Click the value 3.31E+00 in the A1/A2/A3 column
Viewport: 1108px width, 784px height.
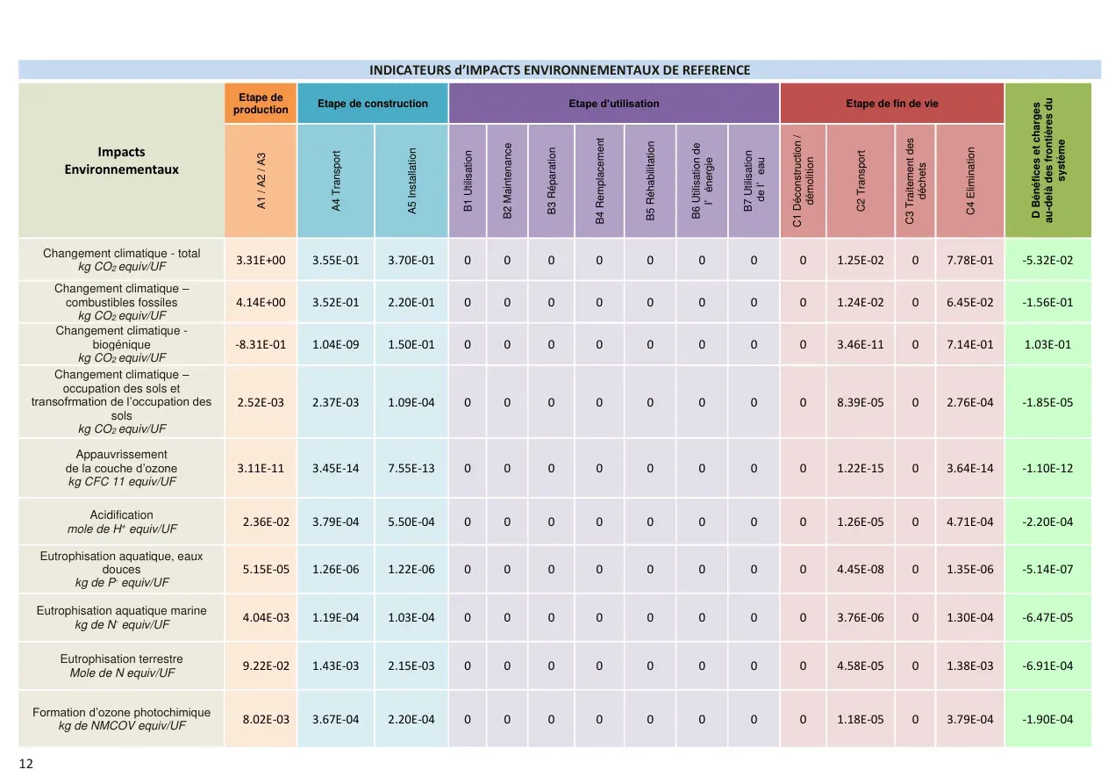pyautogui.click(x=261, y=261)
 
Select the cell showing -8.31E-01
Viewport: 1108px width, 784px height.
pyautogui.click(x=261, y=344)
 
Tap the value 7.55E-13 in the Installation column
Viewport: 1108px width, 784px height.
pyautogui.click(x=411, y=468)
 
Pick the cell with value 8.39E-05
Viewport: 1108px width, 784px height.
pyautogui.click(x=861, y=402)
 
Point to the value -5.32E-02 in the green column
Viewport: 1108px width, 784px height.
pyautogui.click(x=1047, y=261)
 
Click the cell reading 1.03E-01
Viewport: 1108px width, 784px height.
pyautogui.click(x=1047, y=344)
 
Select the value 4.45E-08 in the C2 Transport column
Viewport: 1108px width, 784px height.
pyautogui.click(x=861, y=569)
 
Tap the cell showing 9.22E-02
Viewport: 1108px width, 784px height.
pyautogui.click(x=266, y=665)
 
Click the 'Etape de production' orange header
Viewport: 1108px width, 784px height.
pyautogui.click(x=261, y=104)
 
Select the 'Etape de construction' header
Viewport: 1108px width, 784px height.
pyautogui.click(x=373, y=104)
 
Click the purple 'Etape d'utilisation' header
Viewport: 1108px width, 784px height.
pyautogui.click(x=614, y=104)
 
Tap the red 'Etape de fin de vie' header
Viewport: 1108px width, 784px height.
pyautogui.click(x=892, y=104)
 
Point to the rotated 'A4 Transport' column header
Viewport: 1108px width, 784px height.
pyautogui.click(x=336, y=181)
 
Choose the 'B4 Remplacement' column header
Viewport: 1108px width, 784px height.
pyautogui.click(x=599, y=181)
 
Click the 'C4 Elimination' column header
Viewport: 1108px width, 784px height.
pyautogui.click(x=970, y=181)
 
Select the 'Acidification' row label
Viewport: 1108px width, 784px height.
pyautogui.click(x=122, y=514)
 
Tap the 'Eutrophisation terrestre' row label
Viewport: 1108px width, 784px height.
pyautogui.click(x=122, y=658)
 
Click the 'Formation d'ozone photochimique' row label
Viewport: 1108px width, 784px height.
pyautogui.click(x=122, y=712)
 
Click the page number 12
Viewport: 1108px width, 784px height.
pyautogui.click(x=25, y=764)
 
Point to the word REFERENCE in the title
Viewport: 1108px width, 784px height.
pyautogui.click(x=716, y=70)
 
